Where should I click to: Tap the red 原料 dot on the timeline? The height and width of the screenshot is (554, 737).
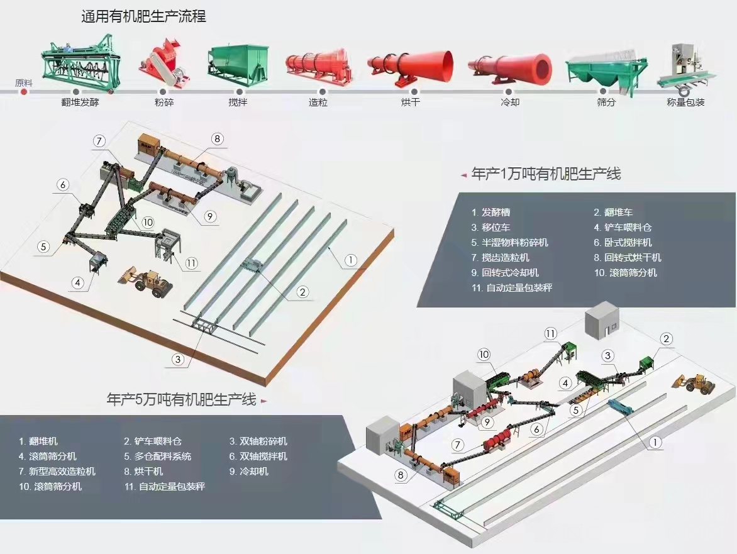click(24, 92)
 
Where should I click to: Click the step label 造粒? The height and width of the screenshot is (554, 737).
click(318, 102)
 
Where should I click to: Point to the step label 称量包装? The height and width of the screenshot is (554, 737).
click(685, 102)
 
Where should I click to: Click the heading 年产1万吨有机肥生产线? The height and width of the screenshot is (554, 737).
click(546, 174)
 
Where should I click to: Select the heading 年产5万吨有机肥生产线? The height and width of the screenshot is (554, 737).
click(182, 399)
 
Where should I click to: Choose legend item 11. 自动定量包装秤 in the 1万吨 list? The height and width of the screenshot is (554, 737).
click(512, 287)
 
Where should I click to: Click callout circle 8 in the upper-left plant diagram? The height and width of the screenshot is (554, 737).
click(217, 139)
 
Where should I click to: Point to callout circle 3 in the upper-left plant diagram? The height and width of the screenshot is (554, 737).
click(178, 359)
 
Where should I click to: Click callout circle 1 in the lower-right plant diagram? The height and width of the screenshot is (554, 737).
click(655, 443)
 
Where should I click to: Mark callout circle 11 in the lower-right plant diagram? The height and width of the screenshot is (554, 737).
click(551, 333)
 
